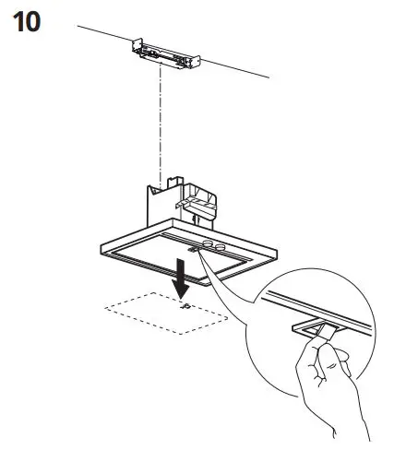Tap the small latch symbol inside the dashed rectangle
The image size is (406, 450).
185,306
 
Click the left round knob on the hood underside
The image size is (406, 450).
207,244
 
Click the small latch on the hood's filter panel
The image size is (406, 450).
192,246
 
